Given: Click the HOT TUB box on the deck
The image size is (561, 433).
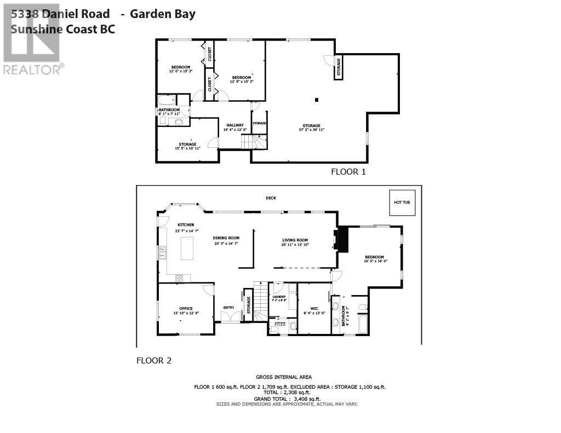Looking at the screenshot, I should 402,203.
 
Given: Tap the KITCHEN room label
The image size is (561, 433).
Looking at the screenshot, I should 186,225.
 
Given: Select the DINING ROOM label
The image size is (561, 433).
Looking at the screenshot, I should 226,238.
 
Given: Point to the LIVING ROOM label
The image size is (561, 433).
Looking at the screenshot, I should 295,240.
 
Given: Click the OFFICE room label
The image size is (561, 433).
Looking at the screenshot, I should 186,308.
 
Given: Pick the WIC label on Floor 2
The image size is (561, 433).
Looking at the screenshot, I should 314,308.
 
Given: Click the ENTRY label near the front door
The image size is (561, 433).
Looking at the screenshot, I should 228,307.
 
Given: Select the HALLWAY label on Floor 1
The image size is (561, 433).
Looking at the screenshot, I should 234,125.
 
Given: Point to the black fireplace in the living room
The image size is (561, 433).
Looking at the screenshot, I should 342,240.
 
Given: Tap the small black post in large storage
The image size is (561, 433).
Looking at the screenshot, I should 316,100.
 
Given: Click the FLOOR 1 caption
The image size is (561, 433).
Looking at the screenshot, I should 348,171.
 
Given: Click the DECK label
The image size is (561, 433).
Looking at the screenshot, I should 271,198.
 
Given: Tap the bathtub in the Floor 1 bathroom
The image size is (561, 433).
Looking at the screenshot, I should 167,100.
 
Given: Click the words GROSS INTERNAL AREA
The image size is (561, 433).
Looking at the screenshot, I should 284,377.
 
